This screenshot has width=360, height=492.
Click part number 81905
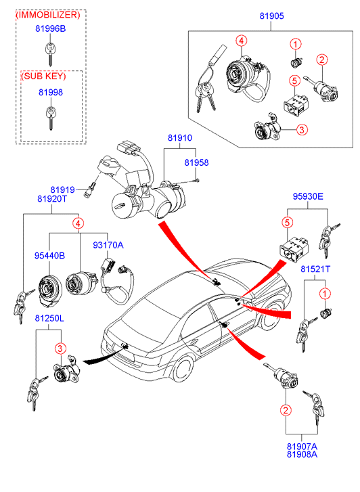[x=271, y=16]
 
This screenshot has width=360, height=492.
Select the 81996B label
[x=51, y=28]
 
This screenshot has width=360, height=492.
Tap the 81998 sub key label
[x=51, y=92]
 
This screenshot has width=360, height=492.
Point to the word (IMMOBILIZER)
[x=48, y=15]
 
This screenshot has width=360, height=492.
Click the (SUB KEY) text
[x=43, y=76]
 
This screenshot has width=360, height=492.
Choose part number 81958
[x=196, y=162]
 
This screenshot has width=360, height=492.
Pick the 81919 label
[x=62, y=190]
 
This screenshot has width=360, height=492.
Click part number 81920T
[x=52, y=198]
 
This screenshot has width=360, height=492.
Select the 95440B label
[x=49, y=256]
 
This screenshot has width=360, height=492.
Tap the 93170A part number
[x=108, y=245]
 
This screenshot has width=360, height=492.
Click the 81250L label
[x=49, y=318]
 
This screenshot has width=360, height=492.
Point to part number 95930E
[x=308, y=196]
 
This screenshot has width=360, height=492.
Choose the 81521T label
[x=315, y=269]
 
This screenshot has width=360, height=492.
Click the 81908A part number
[x=302, y=454]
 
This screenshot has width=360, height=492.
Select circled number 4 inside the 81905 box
[x=241, y=41]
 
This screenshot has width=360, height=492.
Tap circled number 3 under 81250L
[x=61, y=349]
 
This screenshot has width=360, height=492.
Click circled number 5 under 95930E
[x=287, y=223]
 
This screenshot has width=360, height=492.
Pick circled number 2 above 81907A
[x=286, y=410]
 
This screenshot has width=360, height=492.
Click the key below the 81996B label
[x=50, y=53]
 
